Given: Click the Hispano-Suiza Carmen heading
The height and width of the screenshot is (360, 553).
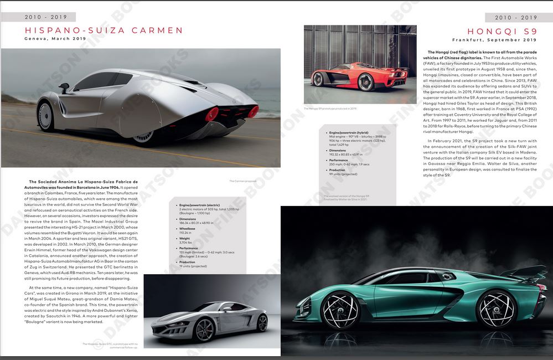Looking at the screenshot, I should pyautogui.click(x=104, y=30).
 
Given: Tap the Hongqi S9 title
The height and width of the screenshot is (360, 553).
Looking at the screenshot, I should pyautogui.click(x=502, y=32).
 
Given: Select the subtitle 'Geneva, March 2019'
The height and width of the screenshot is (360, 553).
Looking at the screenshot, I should pyautogui.click(x=55, y=39).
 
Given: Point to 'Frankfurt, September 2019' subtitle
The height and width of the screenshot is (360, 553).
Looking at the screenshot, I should pyautogui.click(x=494, y=40).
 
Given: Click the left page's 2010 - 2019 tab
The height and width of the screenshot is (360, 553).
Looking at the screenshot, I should pyautogui.click(x=38, y=17).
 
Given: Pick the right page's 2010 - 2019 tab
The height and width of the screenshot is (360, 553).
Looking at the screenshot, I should pyautogui.click(x=516, y=17).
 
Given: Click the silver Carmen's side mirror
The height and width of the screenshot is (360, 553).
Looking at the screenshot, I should pyautogui.click(x=64, y=87).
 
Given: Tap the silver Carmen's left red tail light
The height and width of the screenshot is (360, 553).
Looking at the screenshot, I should pyautogui.click(x=211, y=114).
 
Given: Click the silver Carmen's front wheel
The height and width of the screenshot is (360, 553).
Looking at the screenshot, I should pyautogui.click(x=45, y=116).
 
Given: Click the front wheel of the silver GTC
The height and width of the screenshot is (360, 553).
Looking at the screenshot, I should pyautogui.click(x=205, y=330).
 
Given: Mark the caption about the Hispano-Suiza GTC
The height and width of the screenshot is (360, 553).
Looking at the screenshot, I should pyautogui.click(x=110, y=346).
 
